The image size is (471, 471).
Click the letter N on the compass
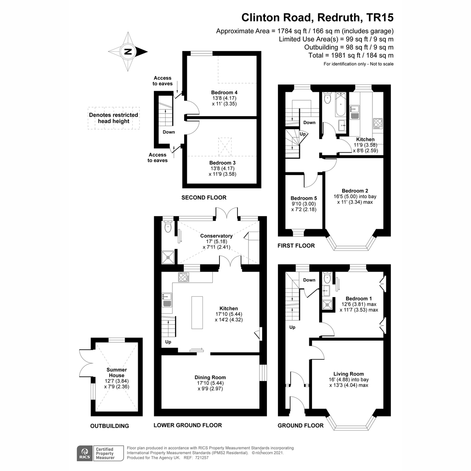coord(128,51)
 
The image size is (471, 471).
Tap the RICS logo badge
coord(84,453)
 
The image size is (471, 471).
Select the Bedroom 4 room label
coord(224,92)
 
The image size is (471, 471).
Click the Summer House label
coord(117,372)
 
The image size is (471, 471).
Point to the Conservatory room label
coord(216,236)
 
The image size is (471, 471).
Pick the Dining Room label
coord(210,377)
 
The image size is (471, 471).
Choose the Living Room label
coord(349,374)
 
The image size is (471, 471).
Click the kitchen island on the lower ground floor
coord(197,312)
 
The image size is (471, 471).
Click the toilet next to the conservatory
coord(168,226)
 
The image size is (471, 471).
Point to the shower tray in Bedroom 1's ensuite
coord(326,305)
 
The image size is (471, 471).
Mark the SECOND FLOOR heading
coord(204,197)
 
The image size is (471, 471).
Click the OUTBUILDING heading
coord(110,426)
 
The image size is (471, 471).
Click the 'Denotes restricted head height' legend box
coord(114,118)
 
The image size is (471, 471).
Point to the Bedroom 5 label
coord(303,198)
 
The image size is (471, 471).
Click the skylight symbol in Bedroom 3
coord(225,147)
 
